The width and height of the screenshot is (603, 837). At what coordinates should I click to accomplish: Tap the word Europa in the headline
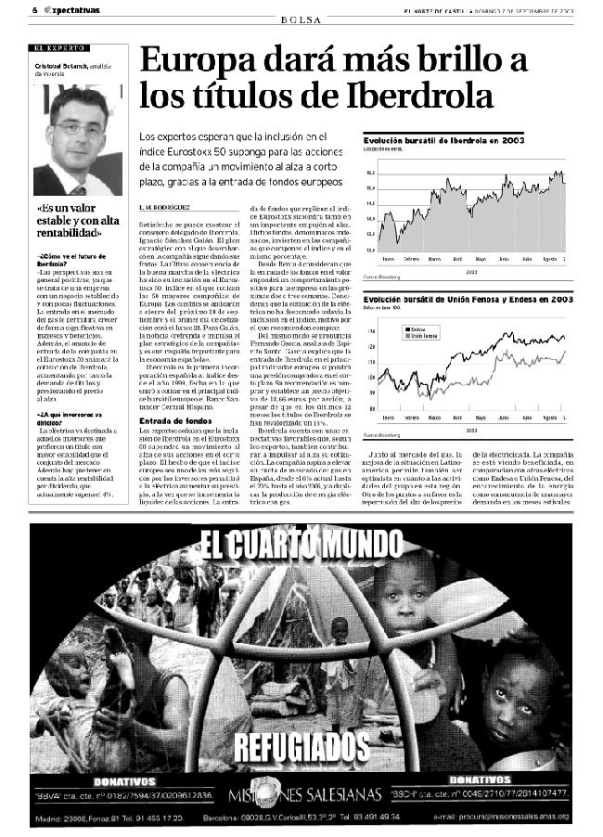pyautogui.click(x=196, y=60)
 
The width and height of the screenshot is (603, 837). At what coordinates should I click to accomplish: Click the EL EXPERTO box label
pyautogui.click(x=62, y=47)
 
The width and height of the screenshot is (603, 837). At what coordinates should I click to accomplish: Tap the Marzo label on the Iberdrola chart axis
pyautogui.click(x=433, y=258)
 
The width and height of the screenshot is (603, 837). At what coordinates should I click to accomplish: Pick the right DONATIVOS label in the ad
pyautogui.click(x=480, y=779)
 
